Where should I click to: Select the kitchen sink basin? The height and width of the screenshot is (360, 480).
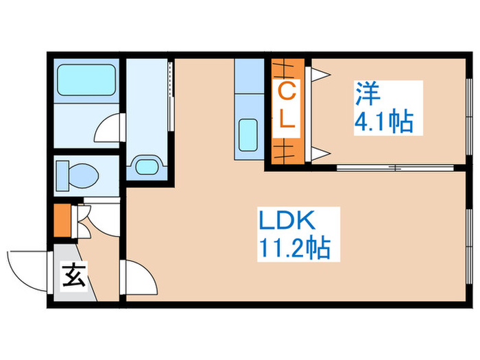248,133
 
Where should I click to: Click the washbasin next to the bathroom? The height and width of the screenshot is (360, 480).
146,165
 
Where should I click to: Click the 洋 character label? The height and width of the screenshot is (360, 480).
364,93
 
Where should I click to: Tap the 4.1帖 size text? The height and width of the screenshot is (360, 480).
383,122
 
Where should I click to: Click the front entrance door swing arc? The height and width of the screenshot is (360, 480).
26,269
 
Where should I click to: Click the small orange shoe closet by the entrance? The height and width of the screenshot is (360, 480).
61,220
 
